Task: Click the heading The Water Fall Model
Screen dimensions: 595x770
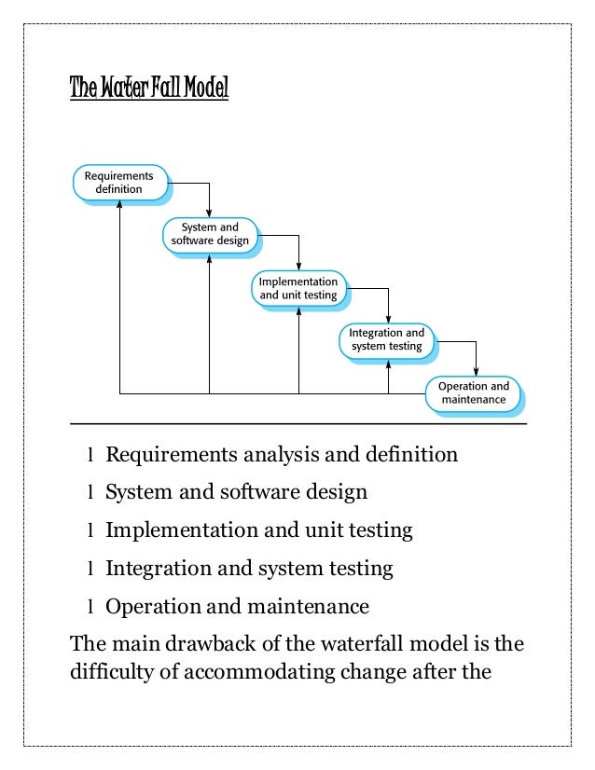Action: coord(149,89)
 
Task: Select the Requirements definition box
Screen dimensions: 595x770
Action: coord(119,182)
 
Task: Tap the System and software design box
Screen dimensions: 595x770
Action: coord(209,234)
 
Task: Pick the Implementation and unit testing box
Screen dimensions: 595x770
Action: coord(298,288)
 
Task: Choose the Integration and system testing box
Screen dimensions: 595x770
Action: coord(386,339)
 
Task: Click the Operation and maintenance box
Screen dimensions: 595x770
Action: coord(474,393)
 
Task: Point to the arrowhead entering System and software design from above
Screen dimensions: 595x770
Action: coord(210,213)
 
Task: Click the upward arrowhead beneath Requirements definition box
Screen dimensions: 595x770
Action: coord(119,206)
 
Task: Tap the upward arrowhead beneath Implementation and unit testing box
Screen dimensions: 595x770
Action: coord(298,312)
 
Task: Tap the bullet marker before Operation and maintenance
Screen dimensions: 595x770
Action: coord(90,608)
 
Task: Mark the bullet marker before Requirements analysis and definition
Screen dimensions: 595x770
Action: coord(90,457)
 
